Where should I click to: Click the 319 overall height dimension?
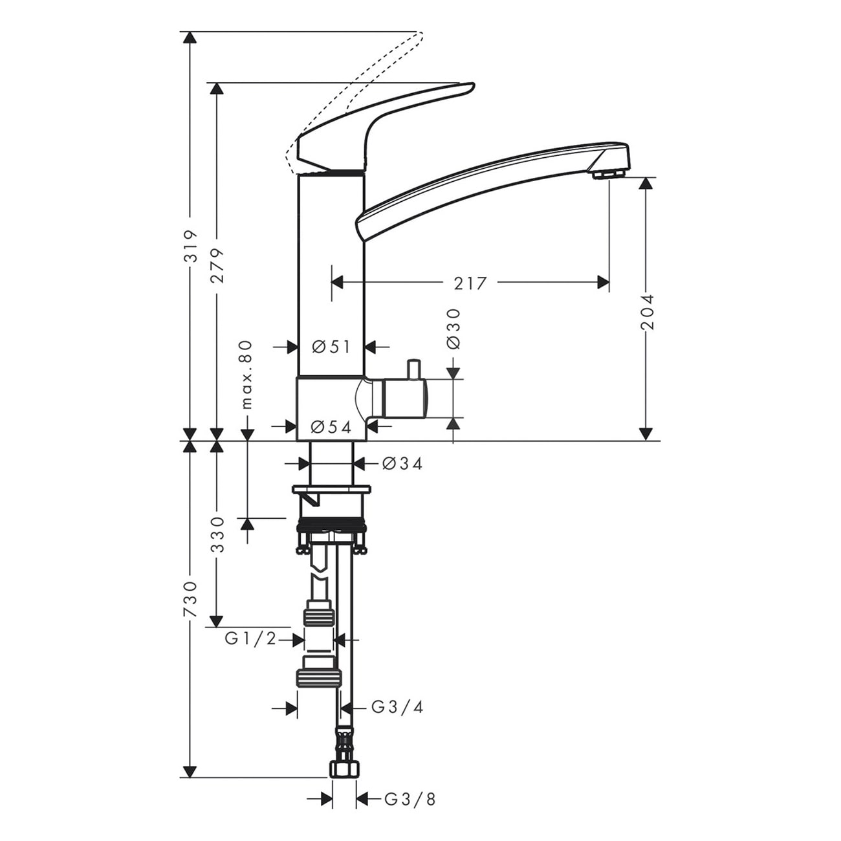pos(190,246)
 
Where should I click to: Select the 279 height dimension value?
pos(217,267)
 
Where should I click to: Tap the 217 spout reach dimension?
pos(470,284)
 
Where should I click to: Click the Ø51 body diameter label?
pos(331,347)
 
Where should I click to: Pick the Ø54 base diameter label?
pos(331,427)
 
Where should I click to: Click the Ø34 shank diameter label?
pos(403,463)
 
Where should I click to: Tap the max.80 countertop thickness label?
pos(246,375)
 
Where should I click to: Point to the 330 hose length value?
pos(217,535)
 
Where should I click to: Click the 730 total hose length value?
pos(190,600)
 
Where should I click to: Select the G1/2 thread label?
pos(251,640)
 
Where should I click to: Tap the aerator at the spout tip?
pos(609,174)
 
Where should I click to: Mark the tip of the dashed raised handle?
pos(421,34)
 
